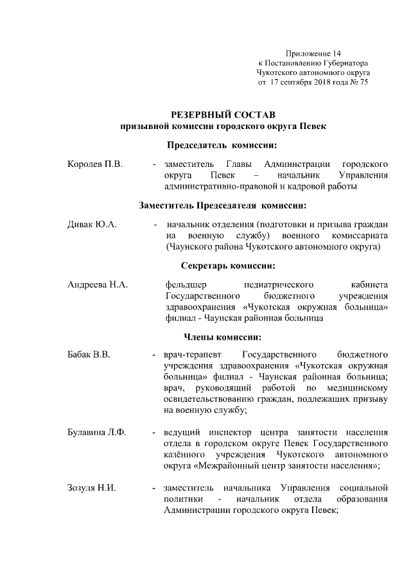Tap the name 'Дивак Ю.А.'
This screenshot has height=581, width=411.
[x=92, y=225]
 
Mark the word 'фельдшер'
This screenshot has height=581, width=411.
[x=184, y=284]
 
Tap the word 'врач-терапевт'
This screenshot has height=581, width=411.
[x=191, y=354]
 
